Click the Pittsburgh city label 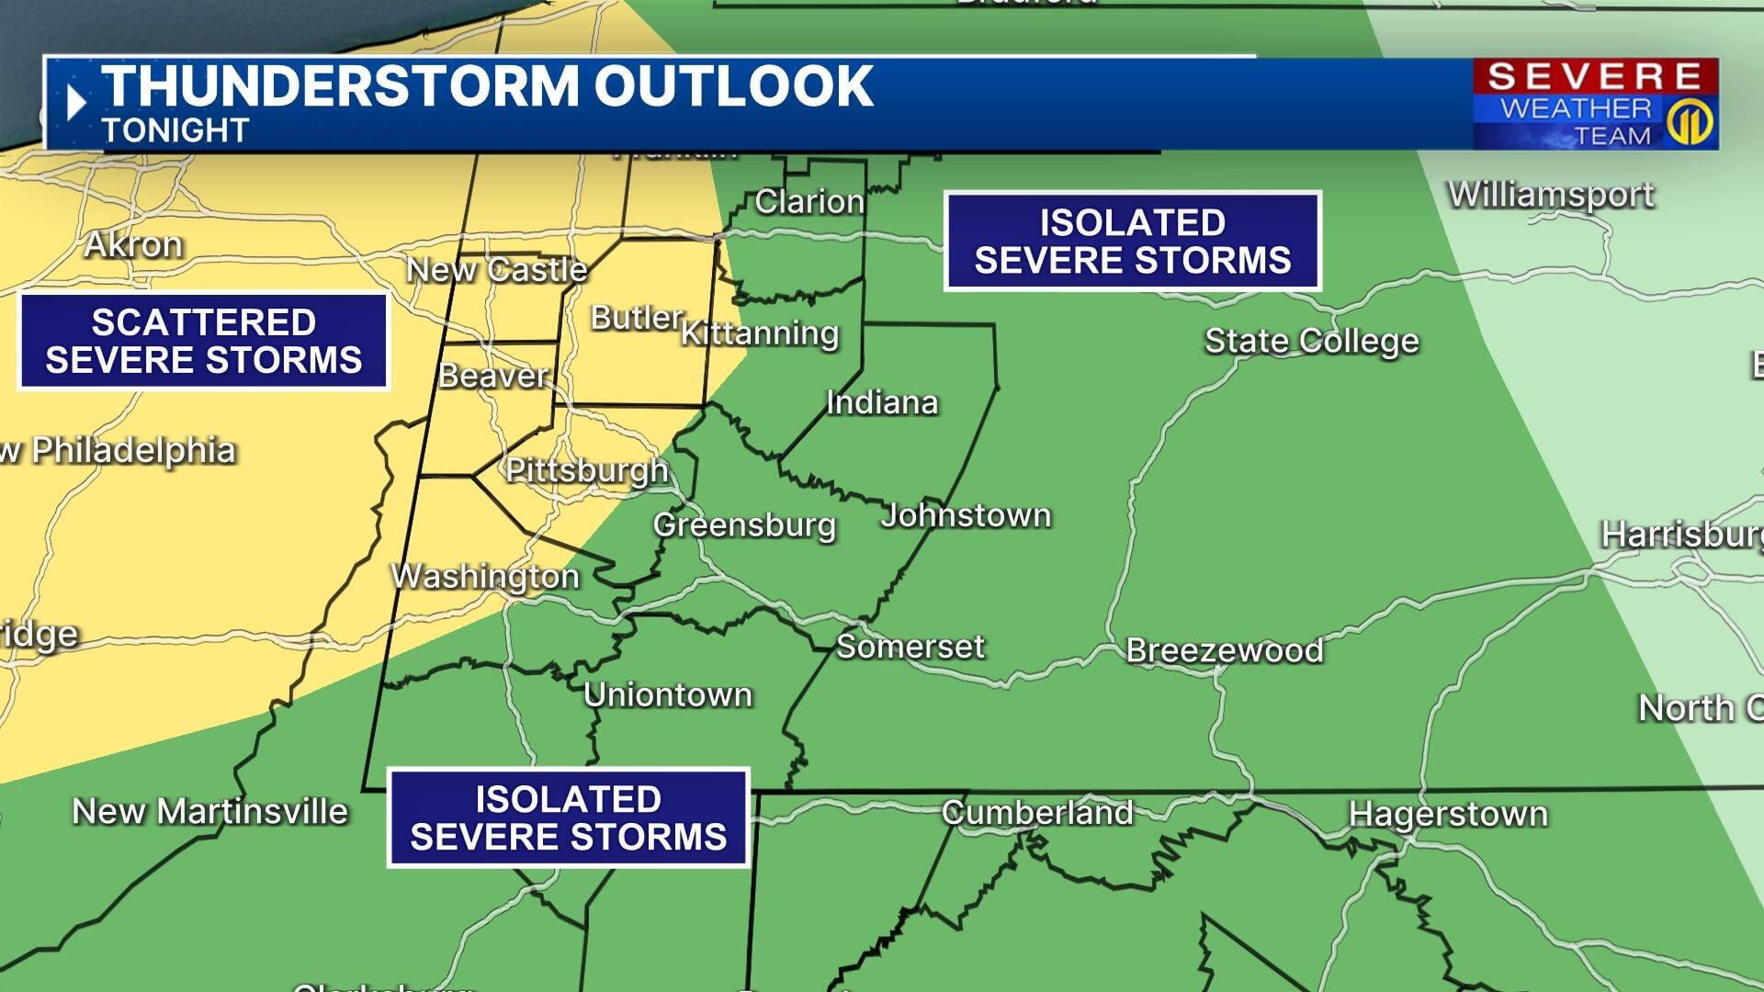pyautogui.click(x=586, y=470)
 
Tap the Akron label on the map pyautogui.click(x=133, y=244)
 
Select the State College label pyautogui.click(x=1311, y=341)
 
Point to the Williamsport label pyautogui.click(x=1551, y=195)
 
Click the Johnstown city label pyautogui.click(x=966, y=515)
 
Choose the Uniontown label pyautogui.click(x=668, y=694)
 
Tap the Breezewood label pyautogui.click(x=1225, y=650)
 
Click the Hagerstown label pyautogui.click(x=1448, y=814)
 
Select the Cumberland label pyautogui.click(x=1037, y=812)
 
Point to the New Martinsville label pyautogui.click(x=210, y=811)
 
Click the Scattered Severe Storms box pyautogui.click(x=204, y=341)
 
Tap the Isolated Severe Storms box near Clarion pyautogui.click(x=1132, y=242)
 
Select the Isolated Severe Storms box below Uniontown pyautogui.click(x=569, y=817)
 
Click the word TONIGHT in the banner pyautogui.click(x=175, y=130)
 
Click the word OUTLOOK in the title pyautogui.click(x=733, y=86)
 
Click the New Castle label pyautogui.click(x=496, y=270)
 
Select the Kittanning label pyautogui.click(x=760, y=333)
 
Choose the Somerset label pyautogui.click(x=910, y=647)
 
